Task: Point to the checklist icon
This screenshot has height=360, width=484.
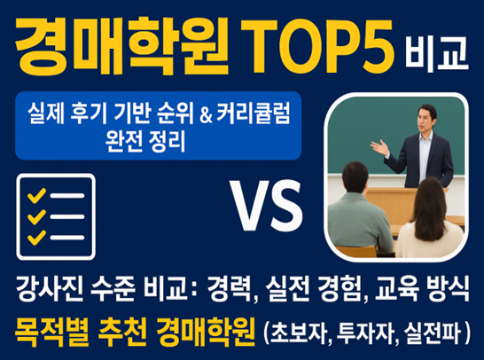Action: coord(56,214)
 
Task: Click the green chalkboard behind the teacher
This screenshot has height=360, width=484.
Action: coord(372,124)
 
